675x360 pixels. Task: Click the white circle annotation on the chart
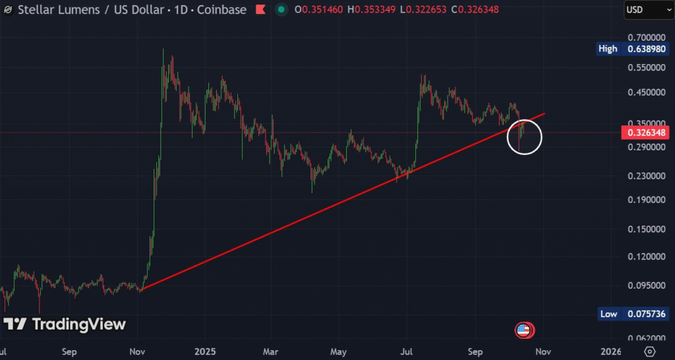(x=525, y=137)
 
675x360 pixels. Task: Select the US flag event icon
(x=524, y=330)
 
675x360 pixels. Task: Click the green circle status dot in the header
(x=281, y=10)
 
